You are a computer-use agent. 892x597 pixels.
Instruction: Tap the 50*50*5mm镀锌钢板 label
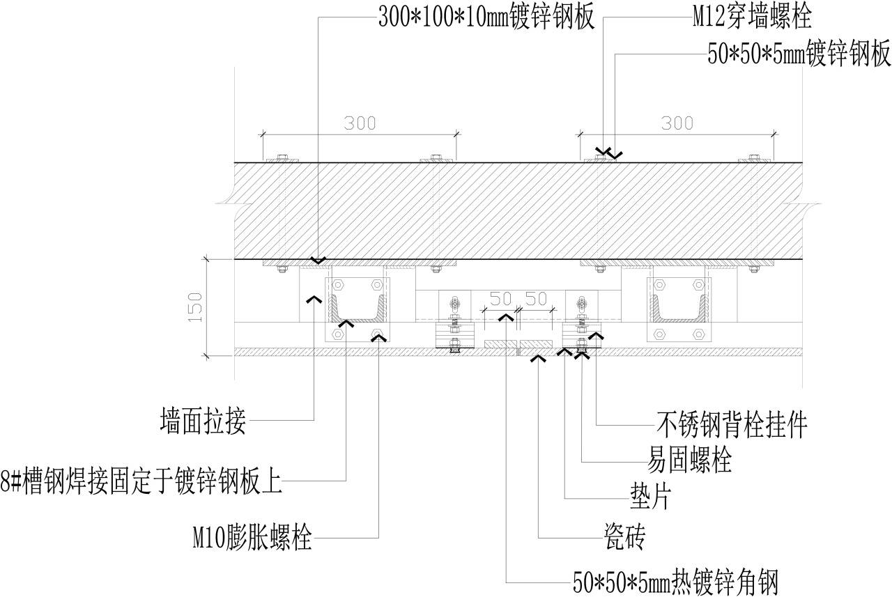[799, 56]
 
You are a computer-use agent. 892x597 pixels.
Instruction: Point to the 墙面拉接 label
[203, 421]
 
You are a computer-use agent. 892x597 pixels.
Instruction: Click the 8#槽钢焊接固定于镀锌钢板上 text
[141, 481]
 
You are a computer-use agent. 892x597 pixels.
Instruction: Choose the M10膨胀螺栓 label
[252, 538]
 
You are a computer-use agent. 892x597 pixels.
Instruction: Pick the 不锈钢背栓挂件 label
[732, 423]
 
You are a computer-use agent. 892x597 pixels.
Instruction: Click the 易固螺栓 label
[689, 460]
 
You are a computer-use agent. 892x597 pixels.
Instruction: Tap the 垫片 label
[648, 497]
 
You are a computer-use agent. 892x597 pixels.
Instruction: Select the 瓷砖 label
[624, 537]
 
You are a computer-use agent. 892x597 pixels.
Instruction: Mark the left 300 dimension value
[360, 123]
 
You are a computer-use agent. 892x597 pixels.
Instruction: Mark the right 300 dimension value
[677, 123]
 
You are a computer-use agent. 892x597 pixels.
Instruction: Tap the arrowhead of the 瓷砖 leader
[539, 359]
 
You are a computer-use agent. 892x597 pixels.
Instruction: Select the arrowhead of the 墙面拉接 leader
[314, 298]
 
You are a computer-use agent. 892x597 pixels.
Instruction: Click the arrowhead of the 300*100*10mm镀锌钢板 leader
[318, 261]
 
